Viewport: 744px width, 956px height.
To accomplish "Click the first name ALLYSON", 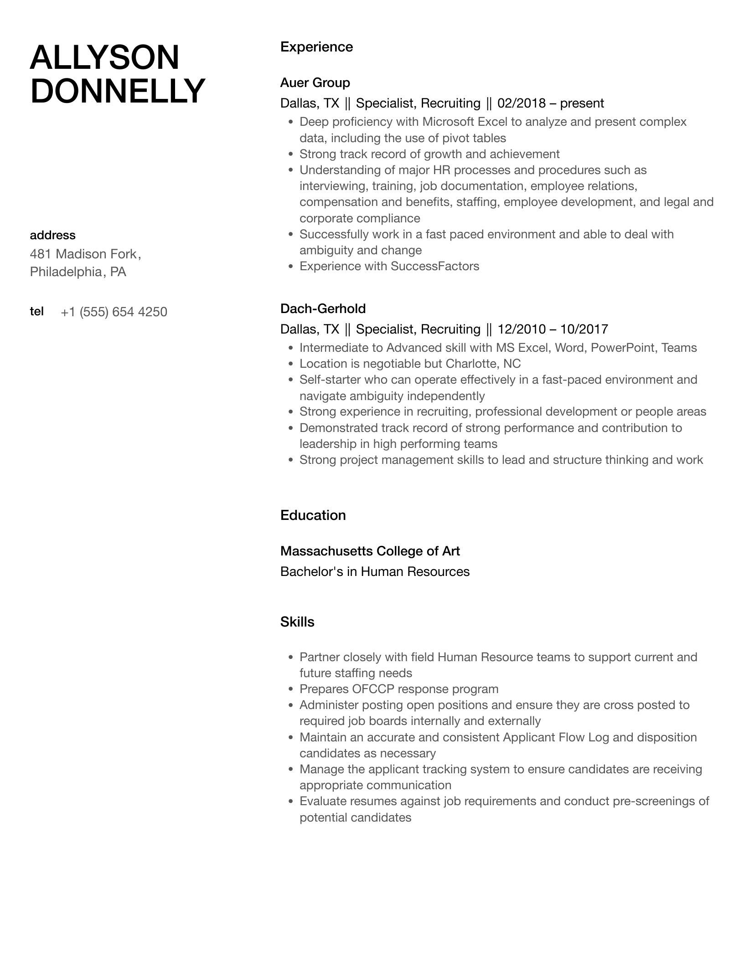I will tap(104, 57).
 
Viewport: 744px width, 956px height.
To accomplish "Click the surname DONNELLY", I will tap(118, 91).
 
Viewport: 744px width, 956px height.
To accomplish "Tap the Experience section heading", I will tap(316, 47).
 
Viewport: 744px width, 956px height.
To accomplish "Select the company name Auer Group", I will tap(315, 82).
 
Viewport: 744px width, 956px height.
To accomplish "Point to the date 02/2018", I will tap(521, 103).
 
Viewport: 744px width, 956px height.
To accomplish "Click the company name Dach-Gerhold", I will tap(323, 308).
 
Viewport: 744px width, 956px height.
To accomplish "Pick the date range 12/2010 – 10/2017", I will tap(553, 329).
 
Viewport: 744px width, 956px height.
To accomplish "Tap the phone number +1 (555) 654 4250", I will tap(114, 312).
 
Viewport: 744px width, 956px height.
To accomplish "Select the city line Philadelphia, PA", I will tap(78, 272).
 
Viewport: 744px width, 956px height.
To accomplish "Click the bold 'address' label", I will tap(52, 235).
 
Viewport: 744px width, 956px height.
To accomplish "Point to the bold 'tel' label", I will tap(36, 311).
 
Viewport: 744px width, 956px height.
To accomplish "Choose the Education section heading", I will tap(313, 515).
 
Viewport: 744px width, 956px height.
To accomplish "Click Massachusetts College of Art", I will tap(370, 551).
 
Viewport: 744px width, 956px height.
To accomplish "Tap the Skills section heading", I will tap(297, 622).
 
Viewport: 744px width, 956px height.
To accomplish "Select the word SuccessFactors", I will tap(434, 266).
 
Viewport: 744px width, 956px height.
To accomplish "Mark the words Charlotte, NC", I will tap(483, 364).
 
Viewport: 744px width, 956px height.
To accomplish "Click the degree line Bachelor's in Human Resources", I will tap(375, 571).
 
